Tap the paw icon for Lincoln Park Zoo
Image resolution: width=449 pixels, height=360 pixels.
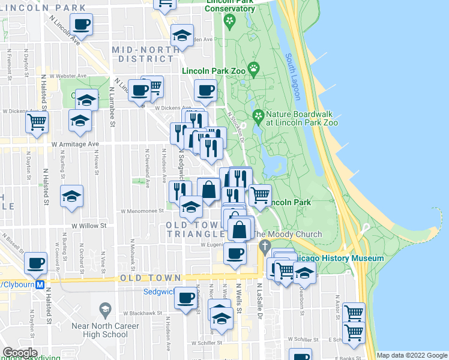pos(255,68)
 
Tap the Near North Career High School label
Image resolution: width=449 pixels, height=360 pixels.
pos(106,330)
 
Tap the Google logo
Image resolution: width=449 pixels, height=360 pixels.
pos(20,353)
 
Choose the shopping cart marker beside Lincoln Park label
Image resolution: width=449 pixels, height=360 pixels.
pos(260,194)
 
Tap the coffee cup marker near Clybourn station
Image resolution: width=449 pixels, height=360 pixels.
pos(35,262)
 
